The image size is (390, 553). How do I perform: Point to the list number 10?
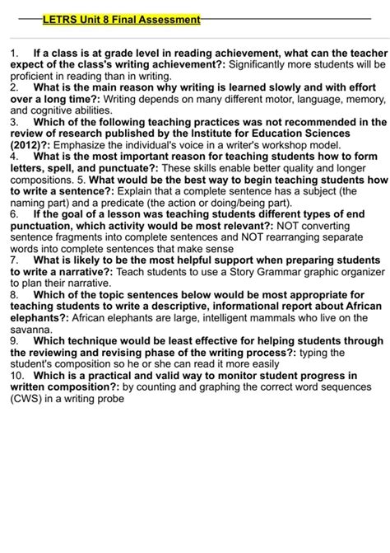pyautogui.click(x=17, y=374)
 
